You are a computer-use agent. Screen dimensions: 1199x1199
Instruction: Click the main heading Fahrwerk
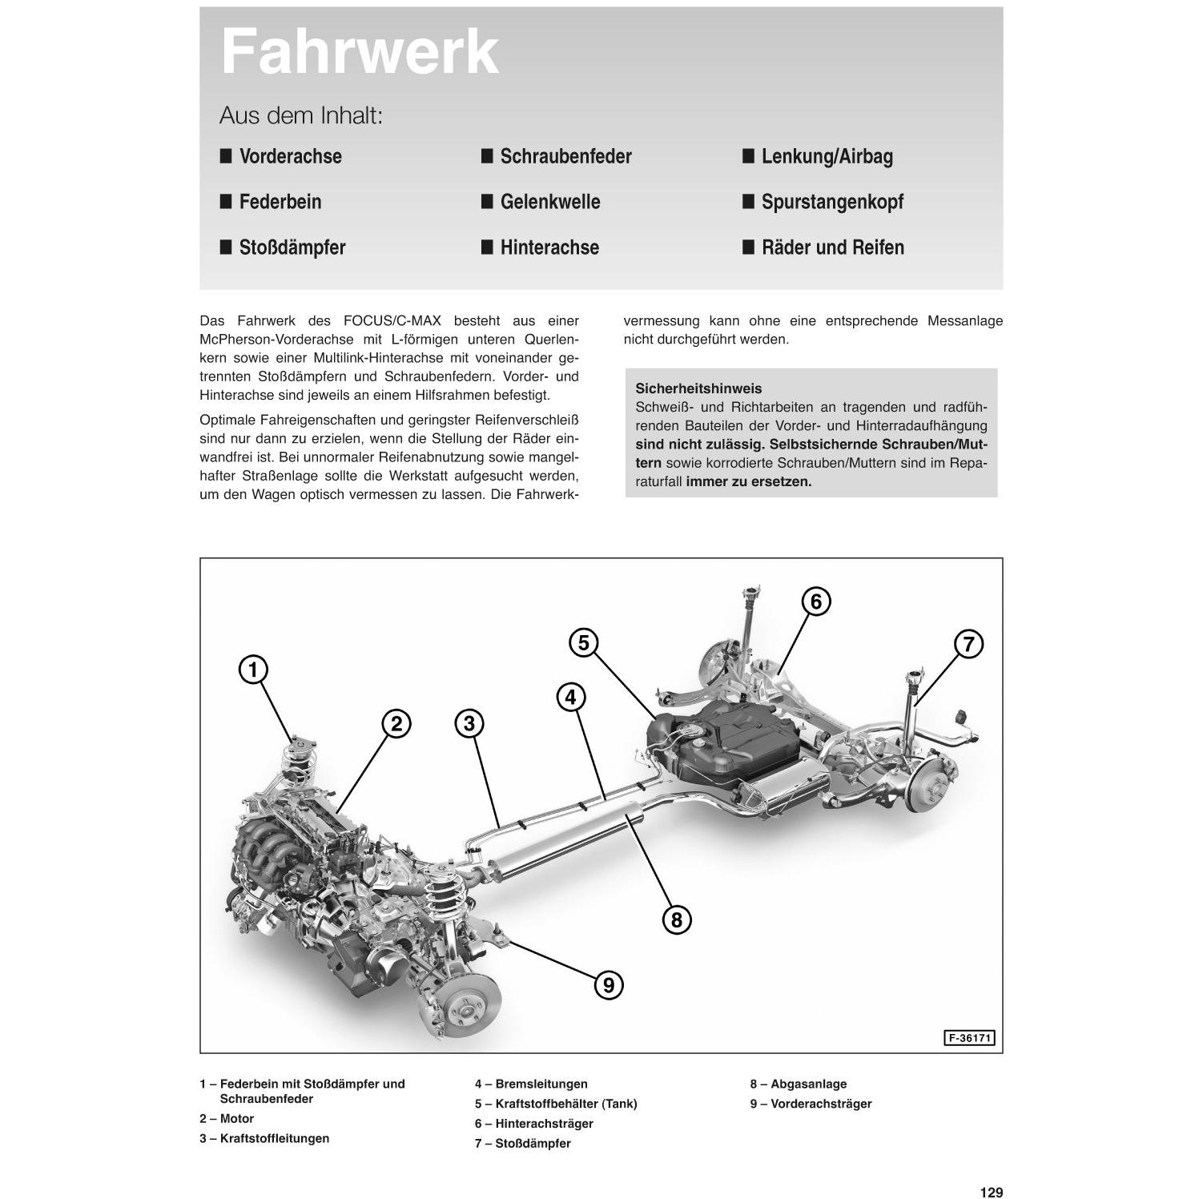click(360, 53)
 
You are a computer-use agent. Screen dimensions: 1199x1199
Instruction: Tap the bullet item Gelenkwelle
click(549, 202)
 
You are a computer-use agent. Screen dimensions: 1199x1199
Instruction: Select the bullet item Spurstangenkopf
click(831, 202)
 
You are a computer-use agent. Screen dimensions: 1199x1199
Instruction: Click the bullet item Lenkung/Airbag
click(827, 156)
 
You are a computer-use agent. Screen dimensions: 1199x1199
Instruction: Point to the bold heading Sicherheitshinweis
click(698, 388)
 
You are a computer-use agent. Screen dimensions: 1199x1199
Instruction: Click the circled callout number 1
click(253, 669)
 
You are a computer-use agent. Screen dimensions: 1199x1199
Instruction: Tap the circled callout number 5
click(583, 642)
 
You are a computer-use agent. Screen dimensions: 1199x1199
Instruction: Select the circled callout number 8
click(677, 919)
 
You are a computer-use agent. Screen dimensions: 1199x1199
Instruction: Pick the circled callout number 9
click(609, 984)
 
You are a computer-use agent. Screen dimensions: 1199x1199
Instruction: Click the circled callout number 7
click(968, 644)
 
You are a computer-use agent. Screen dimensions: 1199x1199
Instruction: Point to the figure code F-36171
click(969, 1038)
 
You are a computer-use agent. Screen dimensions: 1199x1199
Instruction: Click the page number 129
click(991, 1193)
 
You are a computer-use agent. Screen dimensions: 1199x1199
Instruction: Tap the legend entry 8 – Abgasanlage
click(798, 1084)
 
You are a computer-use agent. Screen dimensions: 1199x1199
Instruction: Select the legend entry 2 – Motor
click(227, 1119)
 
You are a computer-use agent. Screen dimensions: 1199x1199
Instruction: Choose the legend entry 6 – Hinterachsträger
click(533, 1124)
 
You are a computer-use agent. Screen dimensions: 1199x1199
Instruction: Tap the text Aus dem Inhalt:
click(301, 116)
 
